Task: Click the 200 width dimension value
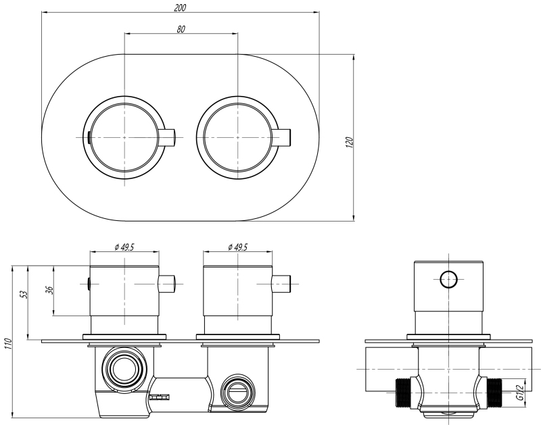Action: coord(180,7)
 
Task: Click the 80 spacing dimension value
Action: coord(181,29)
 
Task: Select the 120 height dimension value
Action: coord(349,142)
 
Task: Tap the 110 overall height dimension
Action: coord(8,343)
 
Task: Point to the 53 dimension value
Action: coord(23,295)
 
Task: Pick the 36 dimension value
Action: coord(49,291)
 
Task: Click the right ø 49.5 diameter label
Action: coord(238,247)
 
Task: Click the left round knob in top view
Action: coord(125,137)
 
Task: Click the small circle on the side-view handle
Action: coord(448,278)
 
